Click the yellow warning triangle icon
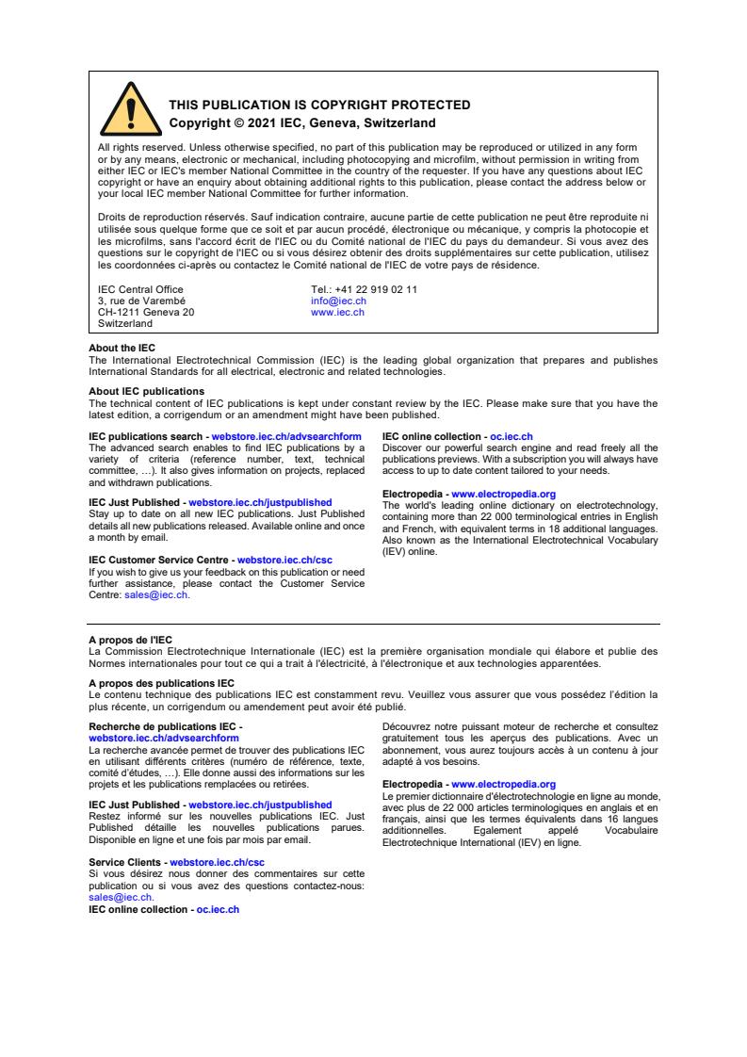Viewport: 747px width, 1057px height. point(130,111)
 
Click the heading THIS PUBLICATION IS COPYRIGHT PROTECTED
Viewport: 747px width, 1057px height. point(318,106)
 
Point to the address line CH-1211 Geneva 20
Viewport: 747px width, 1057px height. point(146,312)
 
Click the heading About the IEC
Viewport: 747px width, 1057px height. point(122,349)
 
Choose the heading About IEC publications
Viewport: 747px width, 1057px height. point(146,391)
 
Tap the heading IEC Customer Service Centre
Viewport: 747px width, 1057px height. point(159,560)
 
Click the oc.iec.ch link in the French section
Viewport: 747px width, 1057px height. point(218,909)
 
